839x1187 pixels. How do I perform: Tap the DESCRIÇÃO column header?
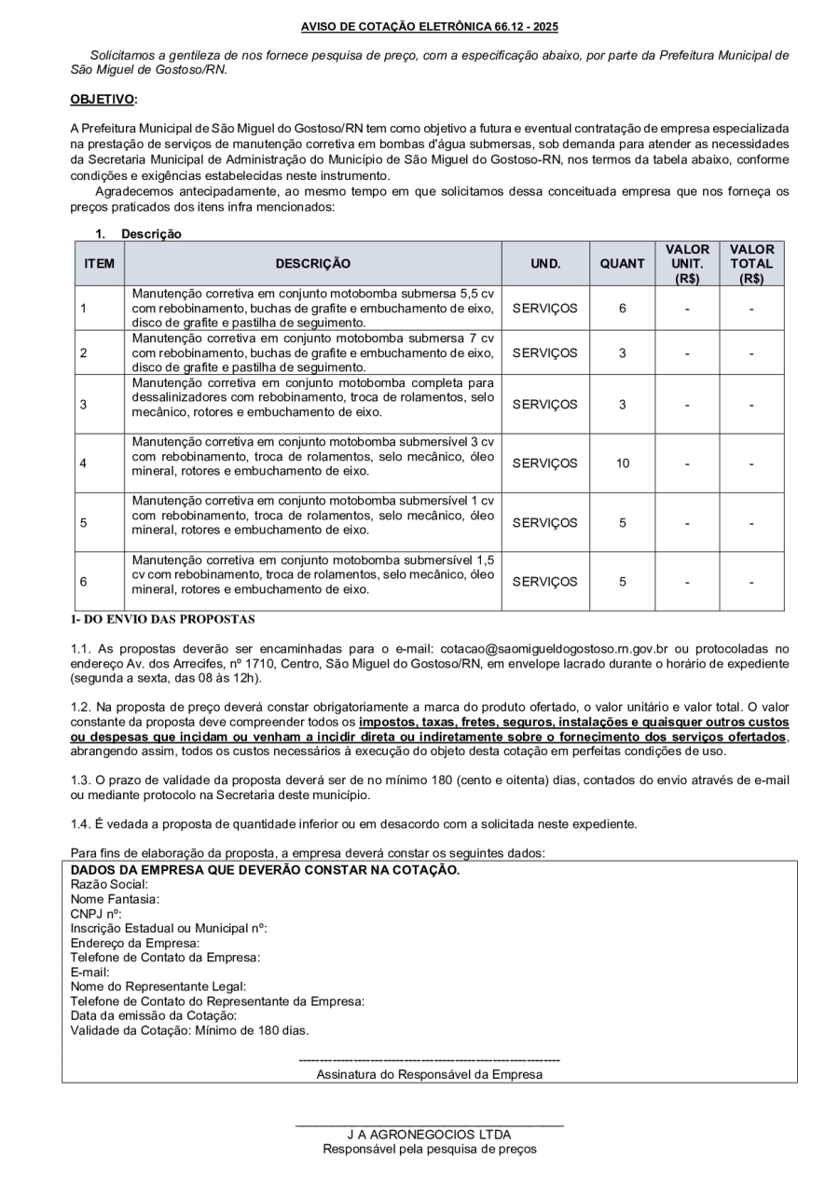[x=313, y=264]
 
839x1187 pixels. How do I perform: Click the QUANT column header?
[x=622, y=264]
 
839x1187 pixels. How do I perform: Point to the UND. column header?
[x=545, y=264]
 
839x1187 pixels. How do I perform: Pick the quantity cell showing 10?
[x=622, y=463]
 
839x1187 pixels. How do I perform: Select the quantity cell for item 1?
[x=622, y=308]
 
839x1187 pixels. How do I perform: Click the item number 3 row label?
[x=84, y=405]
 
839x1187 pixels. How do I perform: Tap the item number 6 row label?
[x=84, y=582]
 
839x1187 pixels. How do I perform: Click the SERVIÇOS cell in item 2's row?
[x=545, y=353]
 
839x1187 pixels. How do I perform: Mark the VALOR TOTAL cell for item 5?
[x=751, y=523]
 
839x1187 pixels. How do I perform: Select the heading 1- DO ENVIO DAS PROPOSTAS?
[x=162, y=618]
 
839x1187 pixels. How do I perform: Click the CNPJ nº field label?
[x=89, y=914]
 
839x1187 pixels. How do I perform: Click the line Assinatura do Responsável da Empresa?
[x=429, y=1074]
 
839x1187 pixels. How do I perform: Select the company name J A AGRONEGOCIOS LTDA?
[x=429, y=1135]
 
